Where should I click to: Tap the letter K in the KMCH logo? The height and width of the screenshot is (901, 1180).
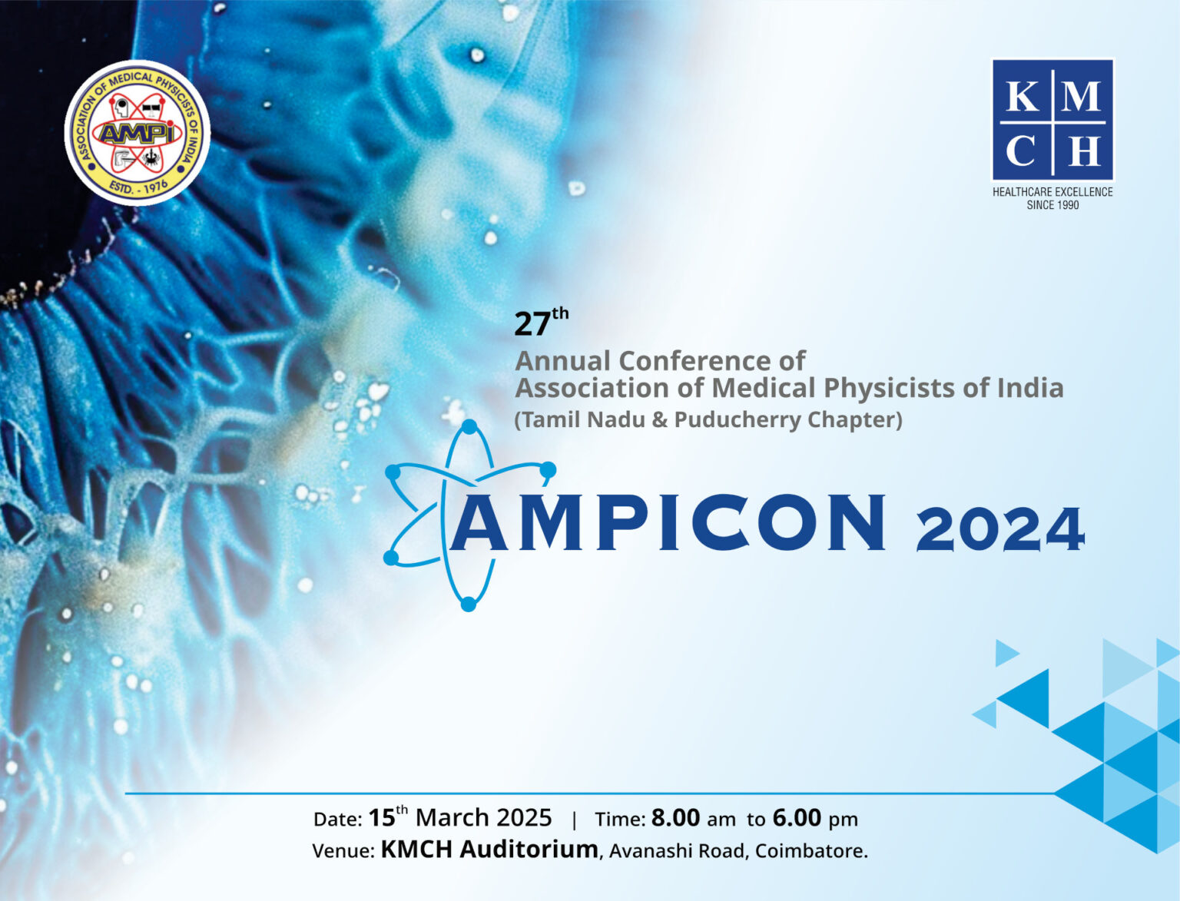1022,98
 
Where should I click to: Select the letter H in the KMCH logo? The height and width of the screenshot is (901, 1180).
1083,151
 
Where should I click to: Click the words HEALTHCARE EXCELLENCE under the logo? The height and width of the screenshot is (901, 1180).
1052,192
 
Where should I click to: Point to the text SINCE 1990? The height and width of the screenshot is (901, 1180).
1052,205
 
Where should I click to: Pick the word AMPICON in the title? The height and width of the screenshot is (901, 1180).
668,523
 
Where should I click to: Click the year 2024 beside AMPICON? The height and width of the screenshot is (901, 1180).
999,529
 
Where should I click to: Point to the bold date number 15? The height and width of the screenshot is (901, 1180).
382,818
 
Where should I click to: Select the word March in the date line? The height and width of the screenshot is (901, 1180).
452,818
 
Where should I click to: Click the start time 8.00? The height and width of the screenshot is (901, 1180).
675,818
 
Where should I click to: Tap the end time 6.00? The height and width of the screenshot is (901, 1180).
797,818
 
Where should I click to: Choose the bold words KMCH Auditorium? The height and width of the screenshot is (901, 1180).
489,850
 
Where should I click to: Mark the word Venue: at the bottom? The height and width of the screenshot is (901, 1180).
343,851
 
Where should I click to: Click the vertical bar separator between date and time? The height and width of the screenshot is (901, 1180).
574,820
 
